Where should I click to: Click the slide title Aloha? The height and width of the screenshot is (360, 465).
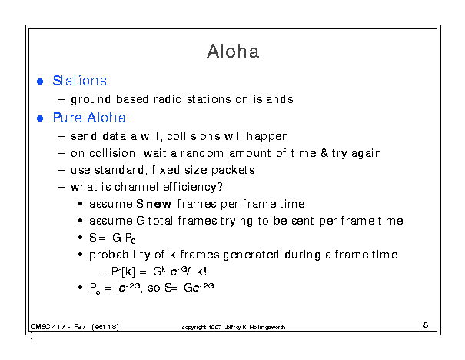pos(233,51)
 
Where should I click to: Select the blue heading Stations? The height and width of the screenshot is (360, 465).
pos(79,81)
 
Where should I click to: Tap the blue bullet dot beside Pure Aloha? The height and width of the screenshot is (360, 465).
pos(40,118)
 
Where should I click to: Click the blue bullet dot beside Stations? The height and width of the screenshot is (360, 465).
pos(40,82)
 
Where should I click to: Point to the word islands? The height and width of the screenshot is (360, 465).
pos(273,98)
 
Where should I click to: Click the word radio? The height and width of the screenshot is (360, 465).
pos(168,98)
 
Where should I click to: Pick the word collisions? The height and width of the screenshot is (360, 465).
pos(194,136)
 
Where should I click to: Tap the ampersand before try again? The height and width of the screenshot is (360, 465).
pos(324,153)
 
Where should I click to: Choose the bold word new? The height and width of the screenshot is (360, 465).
pos(159,204)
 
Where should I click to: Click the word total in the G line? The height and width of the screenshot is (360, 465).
pos(161,221)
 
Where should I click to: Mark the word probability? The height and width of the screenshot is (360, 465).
pos(120,255)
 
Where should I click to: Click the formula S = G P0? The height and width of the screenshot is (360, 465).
pos(112,238)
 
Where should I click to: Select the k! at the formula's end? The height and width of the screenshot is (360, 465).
pos(201,272)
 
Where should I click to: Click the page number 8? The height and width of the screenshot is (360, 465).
pos(426,325)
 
